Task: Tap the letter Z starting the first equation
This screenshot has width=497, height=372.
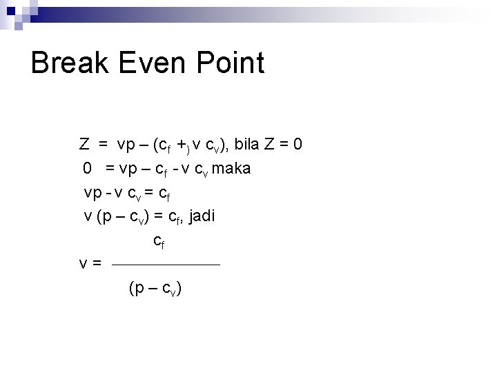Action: click(x=84, y=145)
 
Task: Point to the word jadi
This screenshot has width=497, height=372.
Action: click(x=201, y=216)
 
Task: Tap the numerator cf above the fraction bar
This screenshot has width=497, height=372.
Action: click(x=159, y=241)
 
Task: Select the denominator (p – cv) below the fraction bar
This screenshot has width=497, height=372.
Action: click(x=155, y=289)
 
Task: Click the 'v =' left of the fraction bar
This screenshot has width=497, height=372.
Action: click(x=90, y=263)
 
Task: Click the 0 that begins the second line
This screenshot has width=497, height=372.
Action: click(x=88, y=168)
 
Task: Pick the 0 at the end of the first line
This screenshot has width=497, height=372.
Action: click(x=297, y=145)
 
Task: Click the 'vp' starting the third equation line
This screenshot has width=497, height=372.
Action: click(x=92, y=192)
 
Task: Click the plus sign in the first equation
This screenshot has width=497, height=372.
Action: click(x=181, y=145)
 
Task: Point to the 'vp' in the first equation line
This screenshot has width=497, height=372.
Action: click(x=126, y=145)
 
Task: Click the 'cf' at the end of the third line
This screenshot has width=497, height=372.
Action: click(x=163, y=192)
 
